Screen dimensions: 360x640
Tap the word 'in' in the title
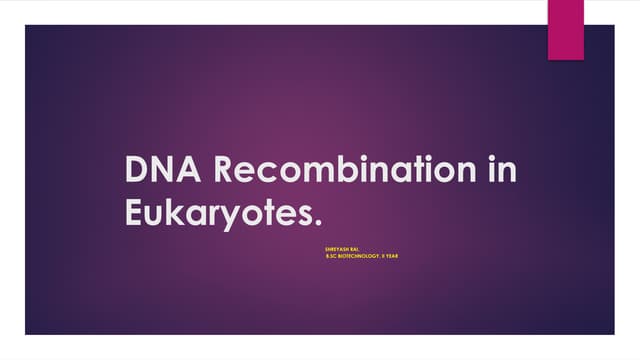(500, 171)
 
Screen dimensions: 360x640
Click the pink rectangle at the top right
(565, 29)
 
